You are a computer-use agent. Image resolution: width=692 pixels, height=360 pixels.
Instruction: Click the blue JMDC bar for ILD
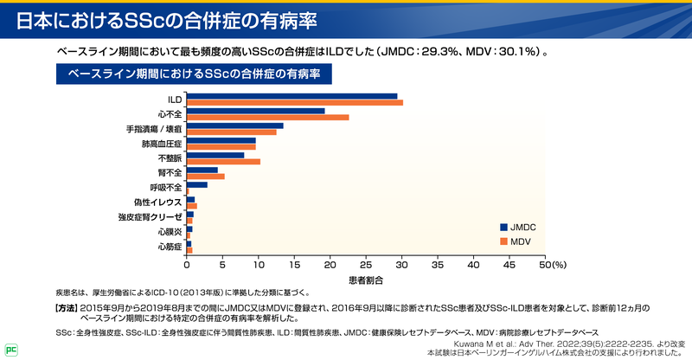pyautogui.click(x=292, y=96)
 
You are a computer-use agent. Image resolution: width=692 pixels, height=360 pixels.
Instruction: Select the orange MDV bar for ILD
pyautogui.click(x=294, y=103)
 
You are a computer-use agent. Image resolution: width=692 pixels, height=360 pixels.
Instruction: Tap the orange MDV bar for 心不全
pyautogui.click(x=267, y=118)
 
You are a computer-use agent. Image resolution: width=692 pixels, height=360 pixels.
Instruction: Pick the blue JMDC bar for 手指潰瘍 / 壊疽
pyautogui.click(x=234, y=125)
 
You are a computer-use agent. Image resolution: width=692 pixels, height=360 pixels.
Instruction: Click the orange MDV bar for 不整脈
pyautogui.click(x=223, y=162)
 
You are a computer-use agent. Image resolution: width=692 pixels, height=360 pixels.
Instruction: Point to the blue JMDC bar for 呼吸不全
pyautogui.click(x=197, y=184)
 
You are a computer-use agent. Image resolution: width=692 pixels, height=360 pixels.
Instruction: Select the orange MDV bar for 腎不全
pyautogui.click(x=206, y=177)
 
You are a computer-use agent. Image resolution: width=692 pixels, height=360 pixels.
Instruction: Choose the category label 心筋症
pyautogui.click(x=169, y=247)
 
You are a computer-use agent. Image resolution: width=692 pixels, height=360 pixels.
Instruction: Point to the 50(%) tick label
pyautogui.click(x=551, y=265)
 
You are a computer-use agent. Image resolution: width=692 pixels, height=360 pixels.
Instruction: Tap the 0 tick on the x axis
pyautogui.click(x=187, y=265)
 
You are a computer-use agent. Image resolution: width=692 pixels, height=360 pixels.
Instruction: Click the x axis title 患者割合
pyautogui.click(x=366, y=280)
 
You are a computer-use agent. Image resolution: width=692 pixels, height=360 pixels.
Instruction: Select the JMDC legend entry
pyautogui.click(x=517, y=226)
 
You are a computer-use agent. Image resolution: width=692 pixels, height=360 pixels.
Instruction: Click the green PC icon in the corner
pyautogui.click(x=10, y=350)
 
